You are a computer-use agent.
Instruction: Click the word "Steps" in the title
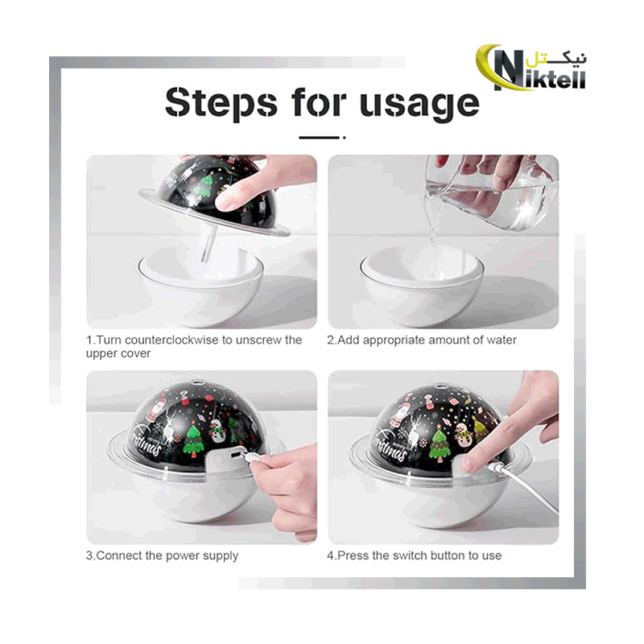(221, 102)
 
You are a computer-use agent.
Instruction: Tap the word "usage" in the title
(419, 105)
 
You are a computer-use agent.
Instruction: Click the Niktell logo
(531, 68)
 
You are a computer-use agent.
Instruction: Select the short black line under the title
(322, 138)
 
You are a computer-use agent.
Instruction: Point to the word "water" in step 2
(502, 340)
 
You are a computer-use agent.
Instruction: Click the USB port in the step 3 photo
(237, 456)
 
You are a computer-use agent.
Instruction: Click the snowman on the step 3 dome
(217, 431)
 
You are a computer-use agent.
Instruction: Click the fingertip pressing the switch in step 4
(467, 464)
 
